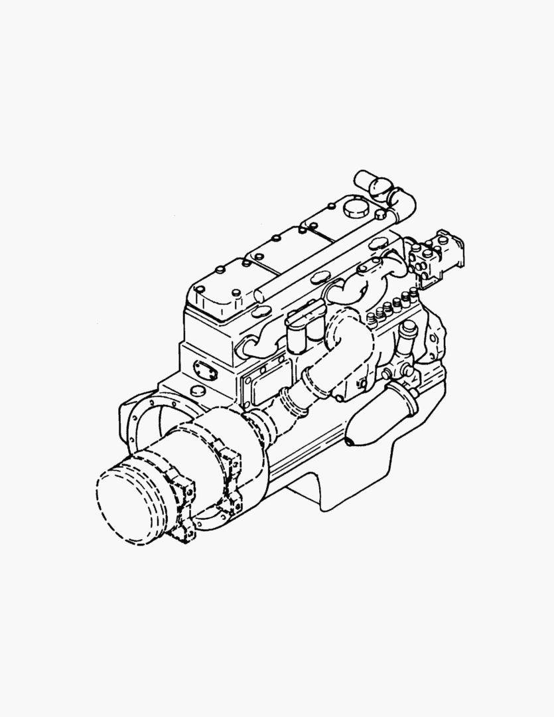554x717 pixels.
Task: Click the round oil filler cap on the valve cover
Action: (x=356, y=207)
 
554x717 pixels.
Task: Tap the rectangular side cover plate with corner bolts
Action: (x=265, y=386)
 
